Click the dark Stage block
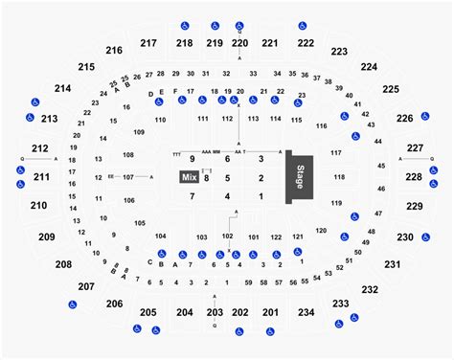click(302, 177)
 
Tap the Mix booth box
click(187, 177)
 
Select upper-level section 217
click(148, 43)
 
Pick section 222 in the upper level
click(306, 44)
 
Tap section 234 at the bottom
click(306, 313)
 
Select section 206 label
click(114, 304)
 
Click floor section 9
click(193, 158)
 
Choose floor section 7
click(193, 196)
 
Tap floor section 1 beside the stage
click(261, 196)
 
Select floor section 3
click(261, 158)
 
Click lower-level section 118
click(337, 177)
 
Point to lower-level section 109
click(139, 131)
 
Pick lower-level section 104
click(161, 236)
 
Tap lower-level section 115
click(297, 119)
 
